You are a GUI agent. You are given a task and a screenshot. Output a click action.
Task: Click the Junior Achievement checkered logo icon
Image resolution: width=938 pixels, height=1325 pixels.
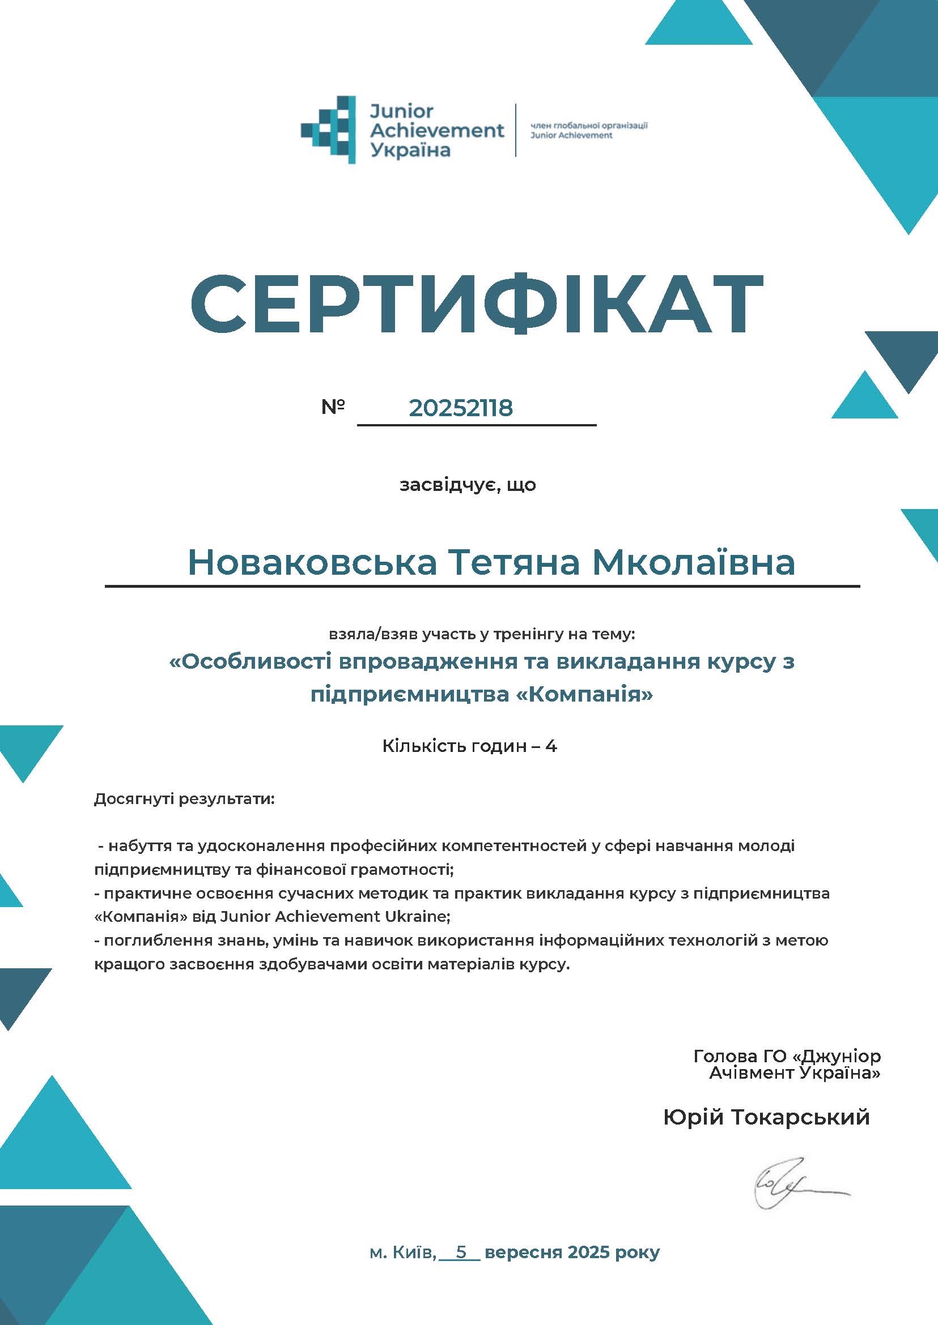click(x=328, y=129)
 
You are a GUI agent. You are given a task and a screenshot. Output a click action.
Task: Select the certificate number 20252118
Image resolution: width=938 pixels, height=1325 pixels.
click(x=460, y=408)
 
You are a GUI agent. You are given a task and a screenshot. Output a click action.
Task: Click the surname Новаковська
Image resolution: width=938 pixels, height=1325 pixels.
click(x=312, y=562)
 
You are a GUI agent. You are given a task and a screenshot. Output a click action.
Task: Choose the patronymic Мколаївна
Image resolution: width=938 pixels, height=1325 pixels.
click(x=694, y=562)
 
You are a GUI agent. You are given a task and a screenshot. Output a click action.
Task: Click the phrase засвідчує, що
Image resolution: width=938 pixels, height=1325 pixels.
click(x=468, y=485)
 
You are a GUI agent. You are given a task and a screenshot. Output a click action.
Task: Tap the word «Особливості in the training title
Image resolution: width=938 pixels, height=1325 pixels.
click(x=251, y=661)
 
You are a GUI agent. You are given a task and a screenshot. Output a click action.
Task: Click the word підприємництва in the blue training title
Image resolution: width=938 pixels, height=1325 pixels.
click(x=408, y=694)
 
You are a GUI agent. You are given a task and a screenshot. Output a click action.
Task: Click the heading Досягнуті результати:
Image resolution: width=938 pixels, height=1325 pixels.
click(x=185, y=800)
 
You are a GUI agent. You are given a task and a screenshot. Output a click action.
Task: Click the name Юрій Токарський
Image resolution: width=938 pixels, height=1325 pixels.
click(x=766, y=1117)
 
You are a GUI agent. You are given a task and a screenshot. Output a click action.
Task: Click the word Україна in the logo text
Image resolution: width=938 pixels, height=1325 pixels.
click(x=410, y=151)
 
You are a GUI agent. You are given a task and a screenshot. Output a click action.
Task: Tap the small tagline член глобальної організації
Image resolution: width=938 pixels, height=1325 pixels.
click(x=588, y=125)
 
